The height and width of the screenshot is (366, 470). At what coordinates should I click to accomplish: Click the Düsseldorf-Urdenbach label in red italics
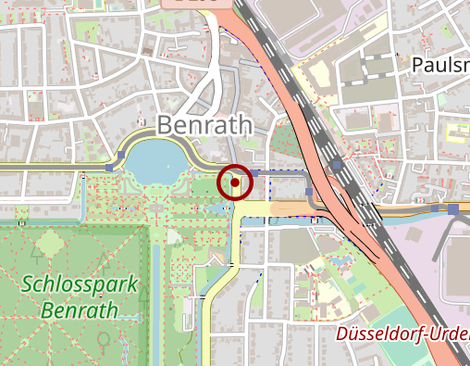coord(402,334)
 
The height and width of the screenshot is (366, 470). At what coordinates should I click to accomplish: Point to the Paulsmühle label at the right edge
coord(439,65)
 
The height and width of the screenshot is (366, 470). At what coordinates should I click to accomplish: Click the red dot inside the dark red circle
coord(235,183)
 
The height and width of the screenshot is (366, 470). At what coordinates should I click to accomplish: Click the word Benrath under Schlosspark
coord(80,309)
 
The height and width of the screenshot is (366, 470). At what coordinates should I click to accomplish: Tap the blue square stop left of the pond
coord(111,168)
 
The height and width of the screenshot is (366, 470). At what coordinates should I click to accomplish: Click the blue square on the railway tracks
coord(337,163)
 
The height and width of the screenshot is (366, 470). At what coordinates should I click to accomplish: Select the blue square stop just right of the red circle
coord(253,173)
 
